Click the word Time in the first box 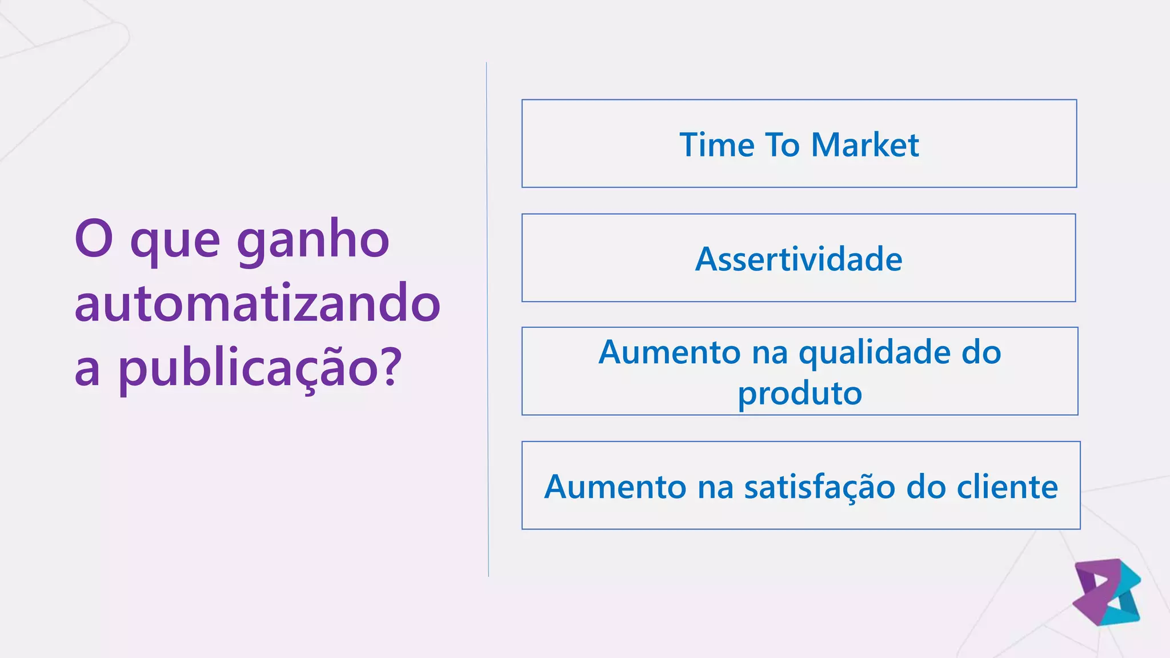(x=717, y=145)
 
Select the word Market (x=865, y=145)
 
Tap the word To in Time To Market (x=782, y=145)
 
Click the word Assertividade (x=799, y=259)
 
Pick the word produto (x=800, y=394)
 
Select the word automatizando (x=257, y=303)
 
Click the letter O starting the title (x=93, y=239)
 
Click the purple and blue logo (x=1107, y=592)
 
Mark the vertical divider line (x=487, y=320)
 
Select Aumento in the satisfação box (x=615, y=487)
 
